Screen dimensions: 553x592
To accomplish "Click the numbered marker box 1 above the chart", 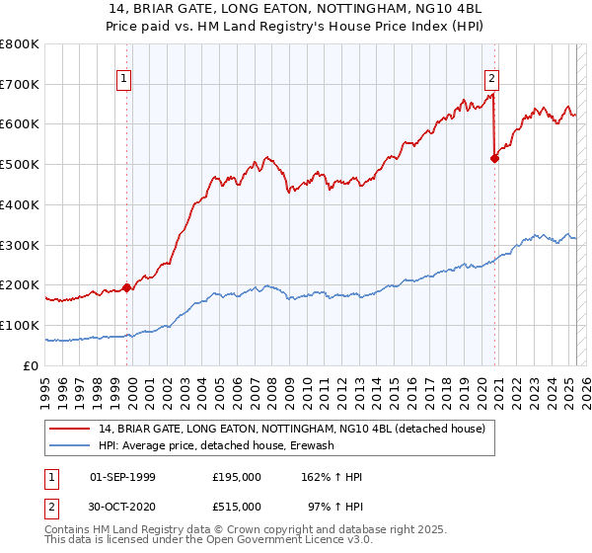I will click(125, 81).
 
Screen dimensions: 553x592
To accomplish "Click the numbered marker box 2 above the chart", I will click(490, 81).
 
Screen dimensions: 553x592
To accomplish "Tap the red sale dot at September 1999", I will click(126, 287).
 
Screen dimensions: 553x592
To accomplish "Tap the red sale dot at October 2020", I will click(495, 159).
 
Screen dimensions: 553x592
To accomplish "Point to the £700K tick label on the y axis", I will click(20, 85).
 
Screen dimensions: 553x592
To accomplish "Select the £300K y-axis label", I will click(20, 245).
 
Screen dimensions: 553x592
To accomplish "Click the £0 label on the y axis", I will click(32, 365).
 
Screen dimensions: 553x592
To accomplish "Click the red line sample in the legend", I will click(70, 430).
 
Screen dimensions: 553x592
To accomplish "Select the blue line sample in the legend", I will click(70, 446).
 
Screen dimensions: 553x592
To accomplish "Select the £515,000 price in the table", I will click(237, 507).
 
